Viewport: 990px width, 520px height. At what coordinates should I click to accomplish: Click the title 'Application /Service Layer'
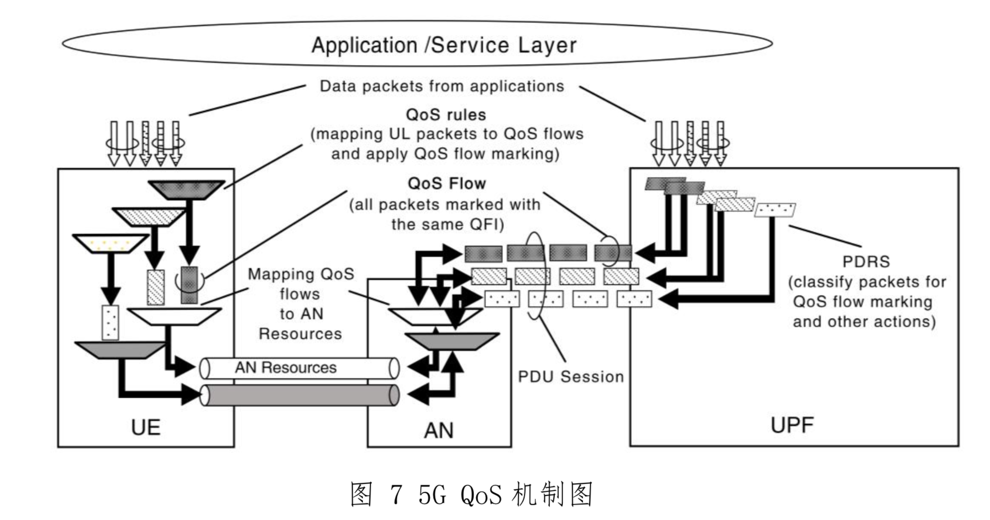coord(443,45)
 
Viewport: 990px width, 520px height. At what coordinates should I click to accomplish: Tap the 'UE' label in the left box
coord(146,427)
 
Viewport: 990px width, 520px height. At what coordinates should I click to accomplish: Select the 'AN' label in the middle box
coord(439,430)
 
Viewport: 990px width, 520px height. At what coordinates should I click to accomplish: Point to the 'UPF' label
coord(792,425)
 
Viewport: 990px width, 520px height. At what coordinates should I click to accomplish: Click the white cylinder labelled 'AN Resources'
coord(299,368)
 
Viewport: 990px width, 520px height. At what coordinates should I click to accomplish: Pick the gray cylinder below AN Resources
coord(299,396)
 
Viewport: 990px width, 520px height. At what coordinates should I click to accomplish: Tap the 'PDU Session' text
coord(571,377)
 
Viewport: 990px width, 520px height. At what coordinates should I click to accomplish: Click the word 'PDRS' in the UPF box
coord(866,262)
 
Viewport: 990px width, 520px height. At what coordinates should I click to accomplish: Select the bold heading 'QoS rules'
coord(446,115)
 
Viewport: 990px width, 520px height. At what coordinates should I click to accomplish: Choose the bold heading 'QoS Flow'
coord(447,183)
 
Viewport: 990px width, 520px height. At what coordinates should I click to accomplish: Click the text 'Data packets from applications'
coord(442,86)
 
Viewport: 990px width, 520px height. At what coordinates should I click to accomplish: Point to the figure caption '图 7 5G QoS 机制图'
coord(471,494)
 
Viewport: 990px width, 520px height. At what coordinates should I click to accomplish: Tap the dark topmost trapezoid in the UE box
coord(186,190)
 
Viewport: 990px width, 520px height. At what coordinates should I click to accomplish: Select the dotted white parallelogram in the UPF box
coord(774,209)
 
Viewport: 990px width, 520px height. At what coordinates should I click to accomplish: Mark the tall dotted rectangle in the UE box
coord(110,322)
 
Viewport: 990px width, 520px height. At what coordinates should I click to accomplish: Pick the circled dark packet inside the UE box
coord(189,285)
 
